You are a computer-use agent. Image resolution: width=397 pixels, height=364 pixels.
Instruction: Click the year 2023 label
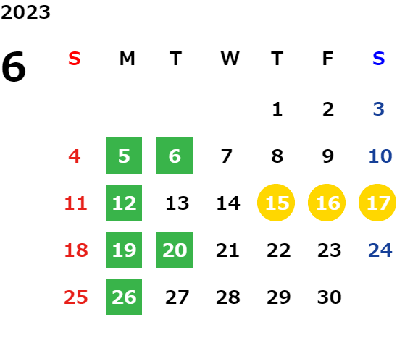point(25,12)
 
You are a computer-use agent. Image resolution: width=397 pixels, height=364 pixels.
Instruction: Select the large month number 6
point(14,67)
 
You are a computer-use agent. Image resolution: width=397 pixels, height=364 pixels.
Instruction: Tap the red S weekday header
point(75,59)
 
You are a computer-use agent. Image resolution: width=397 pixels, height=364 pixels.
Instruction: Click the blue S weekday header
point(379,59)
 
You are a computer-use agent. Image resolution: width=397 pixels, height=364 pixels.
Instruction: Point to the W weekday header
point(230,59)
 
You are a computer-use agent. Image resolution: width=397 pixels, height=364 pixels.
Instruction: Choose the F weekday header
point(328,59)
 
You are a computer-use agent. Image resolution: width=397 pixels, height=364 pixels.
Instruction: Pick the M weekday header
point(127,59)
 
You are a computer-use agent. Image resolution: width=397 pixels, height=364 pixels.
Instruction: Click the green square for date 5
point(124,156)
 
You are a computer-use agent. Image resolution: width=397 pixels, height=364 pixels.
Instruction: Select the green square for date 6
point(175,156)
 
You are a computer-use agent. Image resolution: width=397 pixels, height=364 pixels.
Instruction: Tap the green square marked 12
point(124,203)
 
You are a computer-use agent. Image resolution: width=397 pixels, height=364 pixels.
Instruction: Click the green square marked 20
point(175,250)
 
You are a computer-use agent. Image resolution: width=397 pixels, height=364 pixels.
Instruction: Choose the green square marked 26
point(124,297)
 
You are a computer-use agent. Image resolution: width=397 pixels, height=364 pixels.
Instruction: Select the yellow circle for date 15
point(276,203)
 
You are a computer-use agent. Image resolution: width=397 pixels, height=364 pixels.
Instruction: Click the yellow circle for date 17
point(377,203)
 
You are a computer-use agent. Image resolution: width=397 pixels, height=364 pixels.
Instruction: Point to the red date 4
point(75,156)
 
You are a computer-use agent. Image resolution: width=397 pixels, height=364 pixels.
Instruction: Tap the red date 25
point(76,297)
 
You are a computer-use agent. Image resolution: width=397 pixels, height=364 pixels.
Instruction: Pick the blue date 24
point(380,250)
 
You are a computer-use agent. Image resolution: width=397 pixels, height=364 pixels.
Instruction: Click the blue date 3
point(379,109)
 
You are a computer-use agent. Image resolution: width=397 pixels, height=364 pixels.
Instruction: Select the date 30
point(330,297)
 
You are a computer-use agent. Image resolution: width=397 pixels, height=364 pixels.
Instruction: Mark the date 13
point(177,203)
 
